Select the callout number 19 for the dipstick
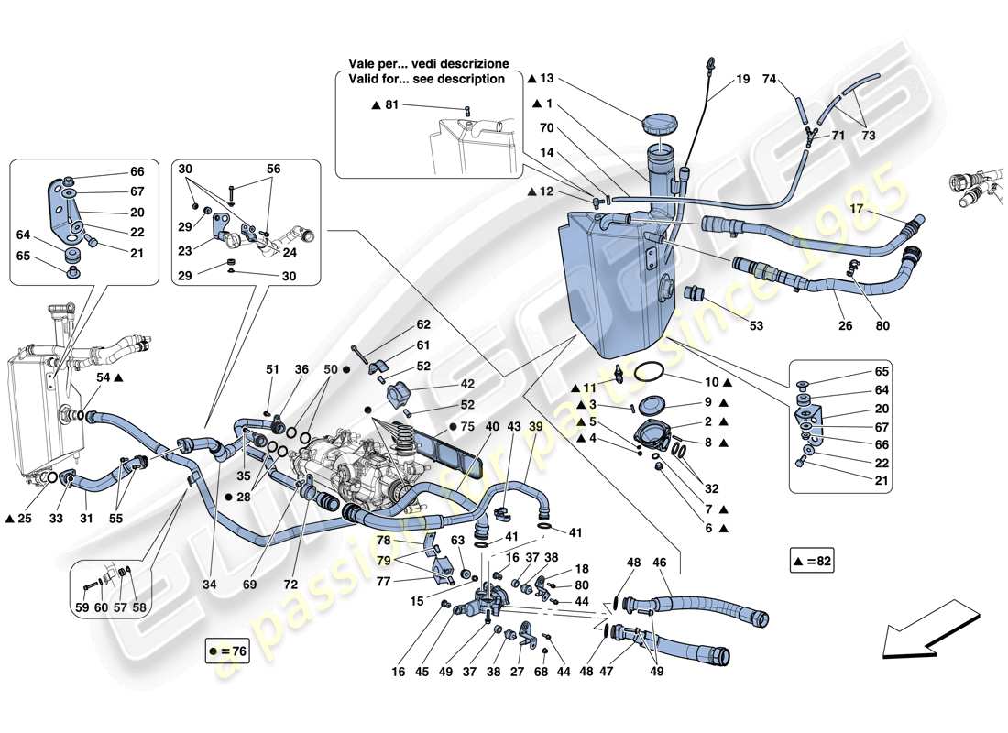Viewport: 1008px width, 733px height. (742, 79)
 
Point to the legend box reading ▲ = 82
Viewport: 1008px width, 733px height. (812, 560)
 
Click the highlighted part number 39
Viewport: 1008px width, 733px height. (535, 427)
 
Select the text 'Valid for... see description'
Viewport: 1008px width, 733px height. (427, 79)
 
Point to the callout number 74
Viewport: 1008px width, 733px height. (769, 79)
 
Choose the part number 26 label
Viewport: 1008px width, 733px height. (844, 324)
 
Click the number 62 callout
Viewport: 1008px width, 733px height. (422, 324)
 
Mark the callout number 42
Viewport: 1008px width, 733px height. (442, 384)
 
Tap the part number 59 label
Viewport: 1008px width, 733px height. (82, 607)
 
